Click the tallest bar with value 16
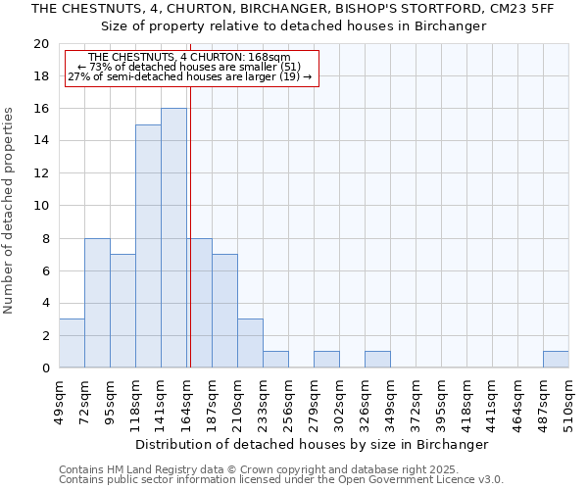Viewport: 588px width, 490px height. (x=173, y=238)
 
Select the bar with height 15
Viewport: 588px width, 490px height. (x=148, y=246)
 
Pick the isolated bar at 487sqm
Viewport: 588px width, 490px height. (x=556, y=360)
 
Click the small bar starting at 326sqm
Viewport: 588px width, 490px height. (x=377, y=360)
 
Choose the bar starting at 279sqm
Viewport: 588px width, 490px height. (x=326, y=360)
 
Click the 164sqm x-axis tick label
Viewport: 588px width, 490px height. (x=186, y=401)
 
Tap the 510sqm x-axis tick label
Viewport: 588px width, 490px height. (x=568, y=401)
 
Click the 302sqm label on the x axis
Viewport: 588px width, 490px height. (x=339, y=401)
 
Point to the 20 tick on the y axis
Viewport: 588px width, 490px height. (x=41, y=44)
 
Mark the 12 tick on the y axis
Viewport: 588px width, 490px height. (x=41, y=173)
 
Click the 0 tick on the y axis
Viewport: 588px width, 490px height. (x=45, y=367)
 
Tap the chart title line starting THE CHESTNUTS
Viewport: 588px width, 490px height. (x=293, y=9)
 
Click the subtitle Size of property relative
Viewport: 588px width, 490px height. (x=294, y=26)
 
